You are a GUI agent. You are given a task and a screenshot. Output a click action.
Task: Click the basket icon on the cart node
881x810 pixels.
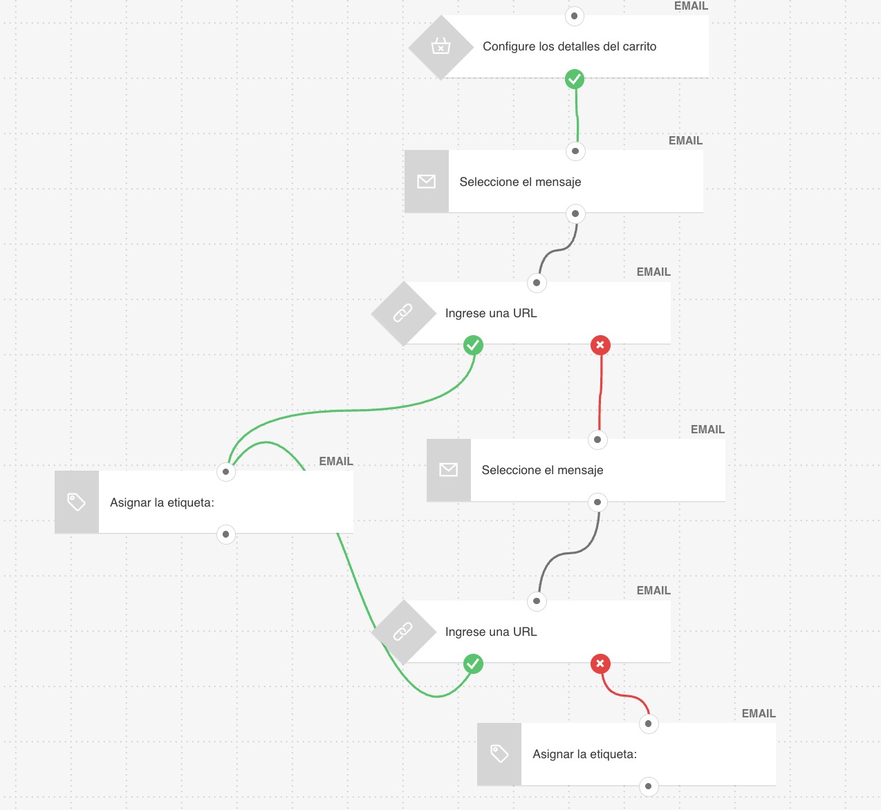point(440,46)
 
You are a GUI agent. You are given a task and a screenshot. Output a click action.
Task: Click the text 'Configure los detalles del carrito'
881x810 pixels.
point(569,46)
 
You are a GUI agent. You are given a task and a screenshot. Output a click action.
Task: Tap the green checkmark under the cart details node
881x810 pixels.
point(575,79)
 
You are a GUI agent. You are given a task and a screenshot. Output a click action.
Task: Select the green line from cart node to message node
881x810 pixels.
point(577,115)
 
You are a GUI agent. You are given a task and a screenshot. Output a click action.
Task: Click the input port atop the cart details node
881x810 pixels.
point(575,17)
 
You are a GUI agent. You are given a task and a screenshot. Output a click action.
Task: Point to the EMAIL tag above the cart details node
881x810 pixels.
point(691,6)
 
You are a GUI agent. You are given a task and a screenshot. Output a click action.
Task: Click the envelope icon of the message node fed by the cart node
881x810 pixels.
point(426,181)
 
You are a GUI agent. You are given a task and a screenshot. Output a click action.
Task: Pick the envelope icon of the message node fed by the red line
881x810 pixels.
point(448,470)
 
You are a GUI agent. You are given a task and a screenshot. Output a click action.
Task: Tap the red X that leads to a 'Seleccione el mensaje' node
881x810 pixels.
point(600,345)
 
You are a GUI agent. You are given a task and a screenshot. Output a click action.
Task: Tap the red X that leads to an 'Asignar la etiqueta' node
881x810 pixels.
point(600,663)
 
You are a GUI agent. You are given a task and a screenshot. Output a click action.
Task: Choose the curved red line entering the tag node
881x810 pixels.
point(624,695)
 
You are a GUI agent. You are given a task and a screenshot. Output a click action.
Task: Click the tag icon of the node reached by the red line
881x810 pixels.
point(499,754)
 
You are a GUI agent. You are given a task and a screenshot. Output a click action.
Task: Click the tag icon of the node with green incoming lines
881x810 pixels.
point(77,502)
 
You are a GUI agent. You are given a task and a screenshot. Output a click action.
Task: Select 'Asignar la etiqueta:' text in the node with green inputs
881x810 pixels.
point(162,502)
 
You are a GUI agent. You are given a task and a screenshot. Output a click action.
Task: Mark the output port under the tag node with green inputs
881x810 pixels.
point(225,534)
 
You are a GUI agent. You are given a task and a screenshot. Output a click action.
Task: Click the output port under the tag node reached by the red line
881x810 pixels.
point(648,786)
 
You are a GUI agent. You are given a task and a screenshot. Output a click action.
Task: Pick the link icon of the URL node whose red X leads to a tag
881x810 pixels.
point(402,631)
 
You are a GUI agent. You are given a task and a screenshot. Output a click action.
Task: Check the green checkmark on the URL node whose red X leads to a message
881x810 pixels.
point(473,345)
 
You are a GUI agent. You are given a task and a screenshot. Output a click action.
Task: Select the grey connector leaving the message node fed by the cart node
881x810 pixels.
point(557,249)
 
